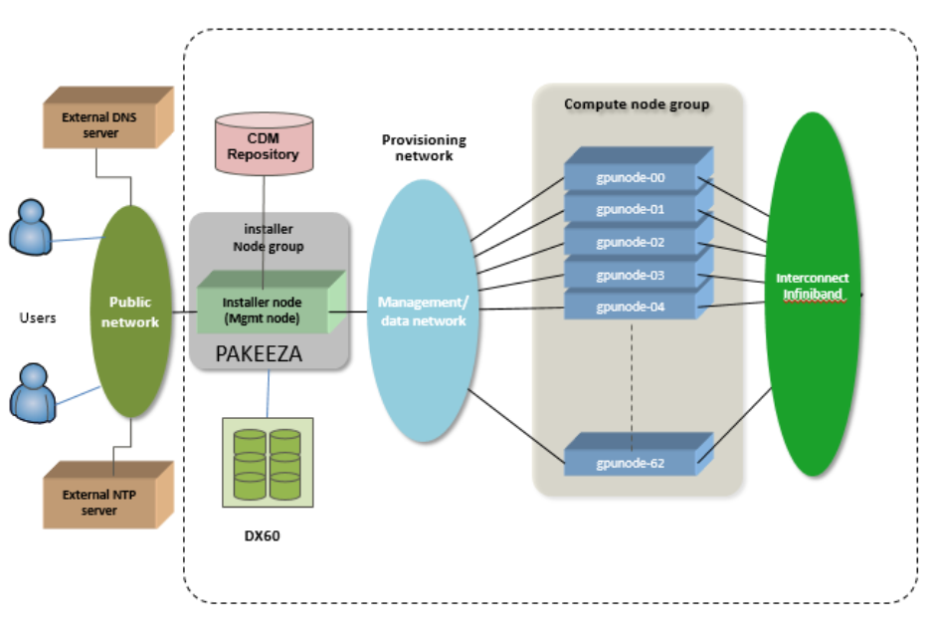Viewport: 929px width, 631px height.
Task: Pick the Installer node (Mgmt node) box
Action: (264, 309)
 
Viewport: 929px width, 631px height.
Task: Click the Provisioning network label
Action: (424, 147)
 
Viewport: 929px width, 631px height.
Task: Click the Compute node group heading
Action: (637, 104)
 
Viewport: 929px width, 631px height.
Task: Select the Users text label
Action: (38, 317)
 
